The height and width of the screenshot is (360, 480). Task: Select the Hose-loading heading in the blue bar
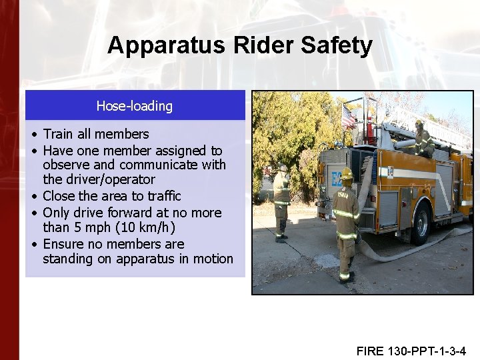point(135,106)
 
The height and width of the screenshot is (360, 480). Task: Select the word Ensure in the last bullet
point(65,244)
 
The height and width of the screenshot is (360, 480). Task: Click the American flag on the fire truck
point(348,117)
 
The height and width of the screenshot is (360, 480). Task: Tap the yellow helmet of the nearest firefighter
point(346,174)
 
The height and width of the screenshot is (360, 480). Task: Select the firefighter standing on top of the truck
point(422,140)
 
